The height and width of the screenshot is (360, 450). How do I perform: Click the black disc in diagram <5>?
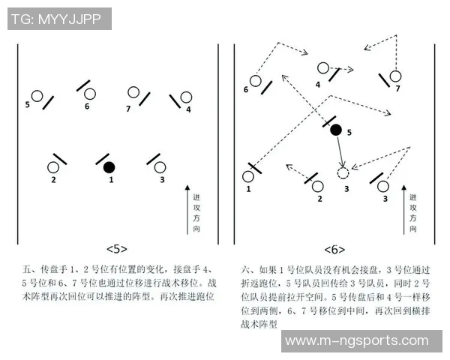[x=109, y=166]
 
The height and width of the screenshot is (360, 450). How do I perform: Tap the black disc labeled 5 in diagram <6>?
[x=336, y=130]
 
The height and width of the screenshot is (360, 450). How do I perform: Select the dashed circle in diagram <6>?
[x=343, y=173]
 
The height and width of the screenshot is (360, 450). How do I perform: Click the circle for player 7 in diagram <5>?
[x=133, y=93]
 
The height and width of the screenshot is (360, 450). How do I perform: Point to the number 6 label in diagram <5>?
[x=87, y=106]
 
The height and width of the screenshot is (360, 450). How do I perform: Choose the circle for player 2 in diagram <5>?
[x=54, y=167]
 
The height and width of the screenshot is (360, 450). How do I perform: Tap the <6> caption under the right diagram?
[x=334, y=249]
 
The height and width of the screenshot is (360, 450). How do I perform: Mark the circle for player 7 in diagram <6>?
[x=395, y=76]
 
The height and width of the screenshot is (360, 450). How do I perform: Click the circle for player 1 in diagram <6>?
[x=248, y=177]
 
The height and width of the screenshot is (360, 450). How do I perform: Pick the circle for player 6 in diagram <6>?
[x=255, y=80]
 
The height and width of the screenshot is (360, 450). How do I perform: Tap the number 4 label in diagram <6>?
[x=318, y=84]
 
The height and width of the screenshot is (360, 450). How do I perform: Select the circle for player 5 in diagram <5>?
[x=37, y=96]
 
